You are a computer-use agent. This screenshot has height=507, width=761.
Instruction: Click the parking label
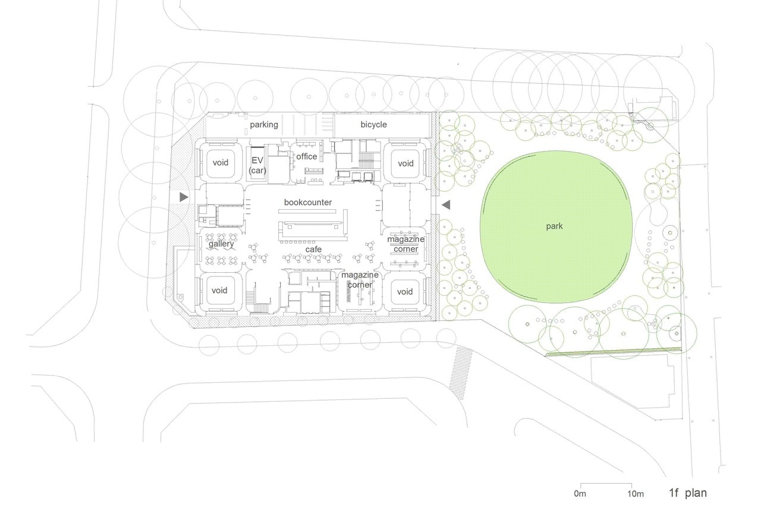(264, 125)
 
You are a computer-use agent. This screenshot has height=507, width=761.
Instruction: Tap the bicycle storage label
(374, 125)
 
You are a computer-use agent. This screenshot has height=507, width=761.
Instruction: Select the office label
(306, 156)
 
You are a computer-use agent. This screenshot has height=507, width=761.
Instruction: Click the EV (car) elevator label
(257, 165)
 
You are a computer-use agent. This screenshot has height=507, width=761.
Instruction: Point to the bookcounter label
(308, 203)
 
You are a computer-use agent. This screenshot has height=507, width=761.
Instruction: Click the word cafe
(313, 249)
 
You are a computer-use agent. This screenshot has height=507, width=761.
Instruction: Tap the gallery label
(221, 244)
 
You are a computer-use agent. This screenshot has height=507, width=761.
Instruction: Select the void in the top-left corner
(221, 163)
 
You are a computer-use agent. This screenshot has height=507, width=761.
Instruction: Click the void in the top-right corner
(405, 163)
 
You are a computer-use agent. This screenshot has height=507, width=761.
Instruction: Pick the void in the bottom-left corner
(219, 290)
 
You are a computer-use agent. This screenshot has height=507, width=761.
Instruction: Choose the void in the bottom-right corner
(405, 292)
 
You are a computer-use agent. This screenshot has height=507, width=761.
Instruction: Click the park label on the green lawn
(555, 226)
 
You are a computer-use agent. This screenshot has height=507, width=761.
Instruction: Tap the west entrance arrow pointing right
(184, 197)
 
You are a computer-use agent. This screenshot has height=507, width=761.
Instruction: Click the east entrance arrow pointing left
(446, 205)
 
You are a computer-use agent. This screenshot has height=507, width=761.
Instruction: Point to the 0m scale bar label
(580, 493)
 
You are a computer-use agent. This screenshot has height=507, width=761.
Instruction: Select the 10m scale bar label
(636, 494)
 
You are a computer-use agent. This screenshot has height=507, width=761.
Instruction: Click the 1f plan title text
(688, 493)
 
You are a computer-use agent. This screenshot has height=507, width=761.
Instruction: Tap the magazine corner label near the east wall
(406, 244)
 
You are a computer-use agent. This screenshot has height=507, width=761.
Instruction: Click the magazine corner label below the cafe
(360, 279)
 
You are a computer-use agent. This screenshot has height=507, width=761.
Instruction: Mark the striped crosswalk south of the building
(461, 373)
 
